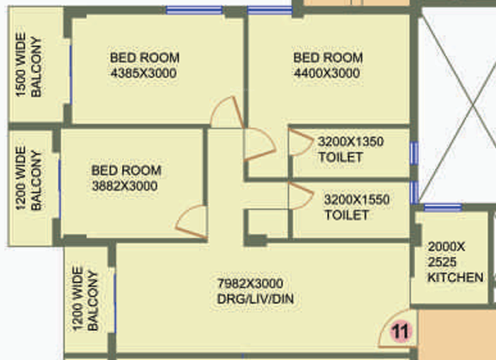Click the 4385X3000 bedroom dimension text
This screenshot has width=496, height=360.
tap(143, 73)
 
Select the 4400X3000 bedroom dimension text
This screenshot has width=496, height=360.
tap(327, 73)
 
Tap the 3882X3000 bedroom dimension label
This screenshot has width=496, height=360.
tap(125, 186)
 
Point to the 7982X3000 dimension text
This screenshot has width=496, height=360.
tap(254, 284)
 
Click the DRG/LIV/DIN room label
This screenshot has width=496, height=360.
tap(255, 300)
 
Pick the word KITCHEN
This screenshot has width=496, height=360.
tap(456, 278)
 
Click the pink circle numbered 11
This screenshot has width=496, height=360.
tap(401, 331)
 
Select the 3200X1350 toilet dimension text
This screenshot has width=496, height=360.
tap(351, 141)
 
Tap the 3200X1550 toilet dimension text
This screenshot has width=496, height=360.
tap(356, 200)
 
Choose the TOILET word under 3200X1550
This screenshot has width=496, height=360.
tap(346, 215)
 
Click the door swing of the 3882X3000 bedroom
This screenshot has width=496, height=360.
tap(192, 222)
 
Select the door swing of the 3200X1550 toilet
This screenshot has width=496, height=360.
tap(297, 195)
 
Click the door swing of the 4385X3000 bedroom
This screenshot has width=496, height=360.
tap(228, 114)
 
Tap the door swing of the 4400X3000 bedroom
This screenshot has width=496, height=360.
tap(258, 145)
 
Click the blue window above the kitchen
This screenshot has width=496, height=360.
tap(443, 207)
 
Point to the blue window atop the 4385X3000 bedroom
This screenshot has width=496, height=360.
tap(193, 11)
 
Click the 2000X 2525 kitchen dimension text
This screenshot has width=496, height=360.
tap(446, 254)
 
